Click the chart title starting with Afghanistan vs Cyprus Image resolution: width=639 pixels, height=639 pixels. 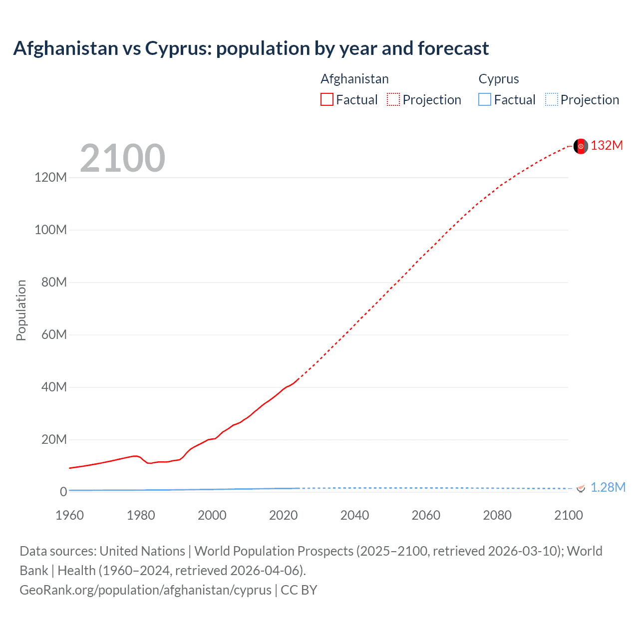(x=251, y=48)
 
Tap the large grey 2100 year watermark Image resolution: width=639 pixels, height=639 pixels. (x=122, y=158)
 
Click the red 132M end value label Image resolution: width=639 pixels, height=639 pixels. (x=607, y=145)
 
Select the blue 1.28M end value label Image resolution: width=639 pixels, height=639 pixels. (x=608, y=487)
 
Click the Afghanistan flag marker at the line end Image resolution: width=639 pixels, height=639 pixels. (x=581, y=146)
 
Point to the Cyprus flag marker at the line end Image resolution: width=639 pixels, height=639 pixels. (x=581, y=488)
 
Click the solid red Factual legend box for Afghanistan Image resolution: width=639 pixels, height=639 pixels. (x=327, y=100)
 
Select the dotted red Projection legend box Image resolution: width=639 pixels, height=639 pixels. (x=393, y=100)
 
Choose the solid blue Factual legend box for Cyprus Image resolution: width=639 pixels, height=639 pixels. (x=485, y=100)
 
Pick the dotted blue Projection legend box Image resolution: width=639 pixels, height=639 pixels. (x=552, y=100)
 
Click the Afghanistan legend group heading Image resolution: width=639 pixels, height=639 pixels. (x=354, y=79)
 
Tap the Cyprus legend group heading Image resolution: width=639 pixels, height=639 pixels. (x=499, y=79)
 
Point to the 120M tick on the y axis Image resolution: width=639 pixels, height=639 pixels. (x=50, y=178)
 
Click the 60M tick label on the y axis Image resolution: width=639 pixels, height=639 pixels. (x=54, y=334)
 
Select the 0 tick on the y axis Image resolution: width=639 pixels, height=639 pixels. (x=63, y=492)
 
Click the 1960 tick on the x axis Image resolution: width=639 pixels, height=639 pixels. (x=69, y=515)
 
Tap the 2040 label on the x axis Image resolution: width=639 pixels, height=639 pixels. (x=354, y=515)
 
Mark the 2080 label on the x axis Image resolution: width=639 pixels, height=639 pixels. (x=497, y=515)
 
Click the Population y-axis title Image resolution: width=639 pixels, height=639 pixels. (x=21, y=310)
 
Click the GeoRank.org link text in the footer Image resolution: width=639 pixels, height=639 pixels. (x=145, y=590)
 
